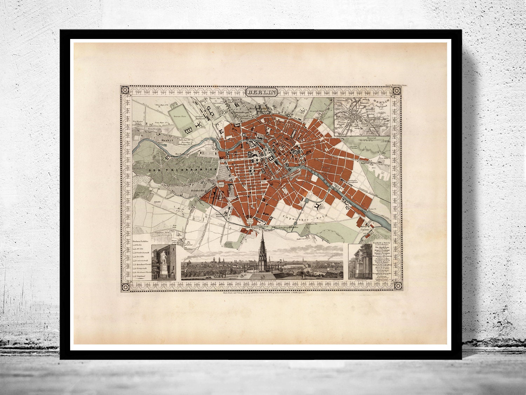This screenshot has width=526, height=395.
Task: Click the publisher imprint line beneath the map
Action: click(262, 295)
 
